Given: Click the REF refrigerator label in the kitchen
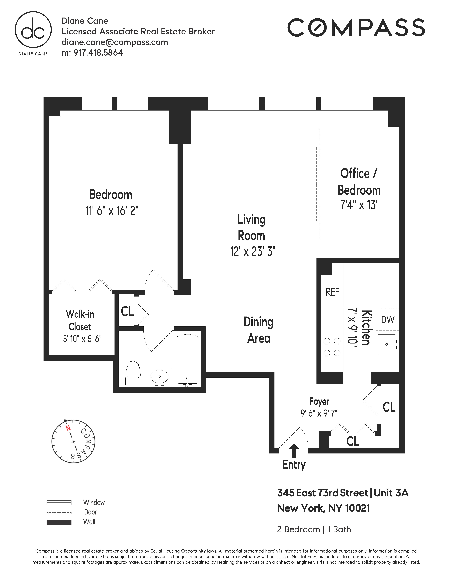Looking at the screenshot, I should click(x=332, y=292).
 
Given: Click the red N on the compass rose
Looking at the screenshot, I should click(x=68, y=428).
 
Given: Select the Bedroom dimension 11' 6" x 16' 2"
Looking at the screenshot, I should click(x=112, y=211).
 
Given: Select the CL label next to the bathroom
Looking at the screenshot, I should click(x=127, y=311).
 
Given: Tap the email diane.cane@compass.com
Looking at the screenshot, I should click(x=115, y=42).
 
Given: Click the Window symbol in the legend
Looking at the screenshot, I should click(x=59, y=503).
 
